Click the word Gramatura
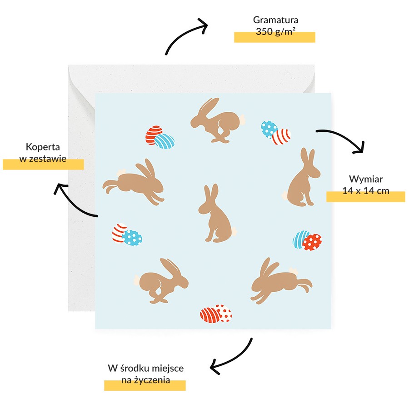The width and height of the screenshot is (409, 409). [x=275, y=20]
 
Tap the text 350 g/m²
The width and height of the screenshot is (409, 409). [x=275, y=31]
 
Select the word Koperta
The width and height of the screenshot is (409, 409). [x=43, y=147]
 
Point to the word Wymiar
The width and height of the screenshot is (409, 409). [x=366, y=179]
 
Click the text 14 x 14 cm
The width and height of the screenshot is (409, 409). [x=366, y=191]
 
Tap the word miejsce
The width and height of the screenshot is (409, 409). [x=168, y=368]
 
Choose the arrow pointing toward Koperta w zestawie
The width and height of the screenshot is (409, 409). [x=70, y=204]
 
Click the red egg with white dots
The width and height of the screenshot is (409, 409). [x=312, y=242]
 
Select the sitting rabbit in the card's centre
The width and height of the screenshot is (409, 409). [x=216, y=214]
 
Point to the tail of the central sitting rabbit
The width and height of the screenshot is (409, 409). [x=234, y=231]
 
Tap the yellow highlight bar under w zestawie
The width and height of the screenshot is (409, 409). [x=43, y=165]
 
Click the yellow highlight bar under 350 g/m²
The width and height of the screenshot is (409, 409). [x=274, y=37]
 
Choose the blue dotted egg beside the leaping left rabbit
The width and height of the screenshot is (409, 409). [x=133, y=238]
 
